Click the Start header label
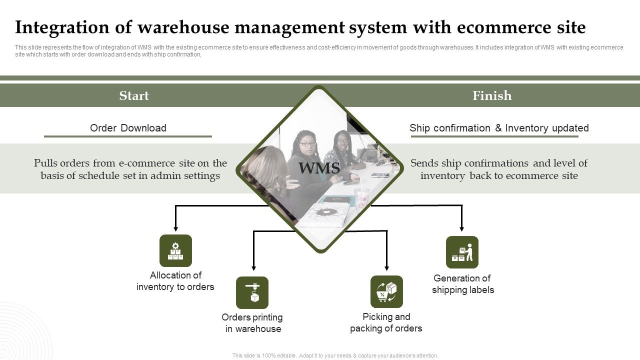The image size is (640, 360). click(x=134, y=95)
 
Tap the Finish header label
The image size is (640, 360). click(x=492, y=95)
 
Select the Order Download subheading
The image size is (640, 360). click(x=128, y=128)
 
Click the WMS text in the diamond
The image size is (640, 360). click(x=319, y=168)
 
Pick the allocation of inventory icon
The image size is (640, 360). click(x=175, y=250)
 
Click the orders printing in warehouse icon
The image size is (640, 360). click(x=252, y=292)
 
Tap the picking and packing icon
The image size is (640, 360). click(x=386, y=291)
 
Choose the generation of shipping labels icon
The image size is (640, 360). click(x=462, y=252)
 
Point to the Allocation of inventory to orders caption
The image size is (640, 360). click(x=175, y=281)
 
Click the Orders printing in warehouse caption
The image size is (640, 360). click(x=252, y=323)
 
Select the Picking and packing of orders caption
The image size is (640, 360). click(x=386, y=322)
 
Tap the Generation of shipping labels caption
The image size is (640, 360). click(x=463, y=284)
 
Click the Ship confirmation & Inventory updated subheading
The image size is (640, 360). click(x=499, y=128)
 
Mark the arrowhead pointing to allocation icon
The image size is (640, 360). click(x=175, y=227)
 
